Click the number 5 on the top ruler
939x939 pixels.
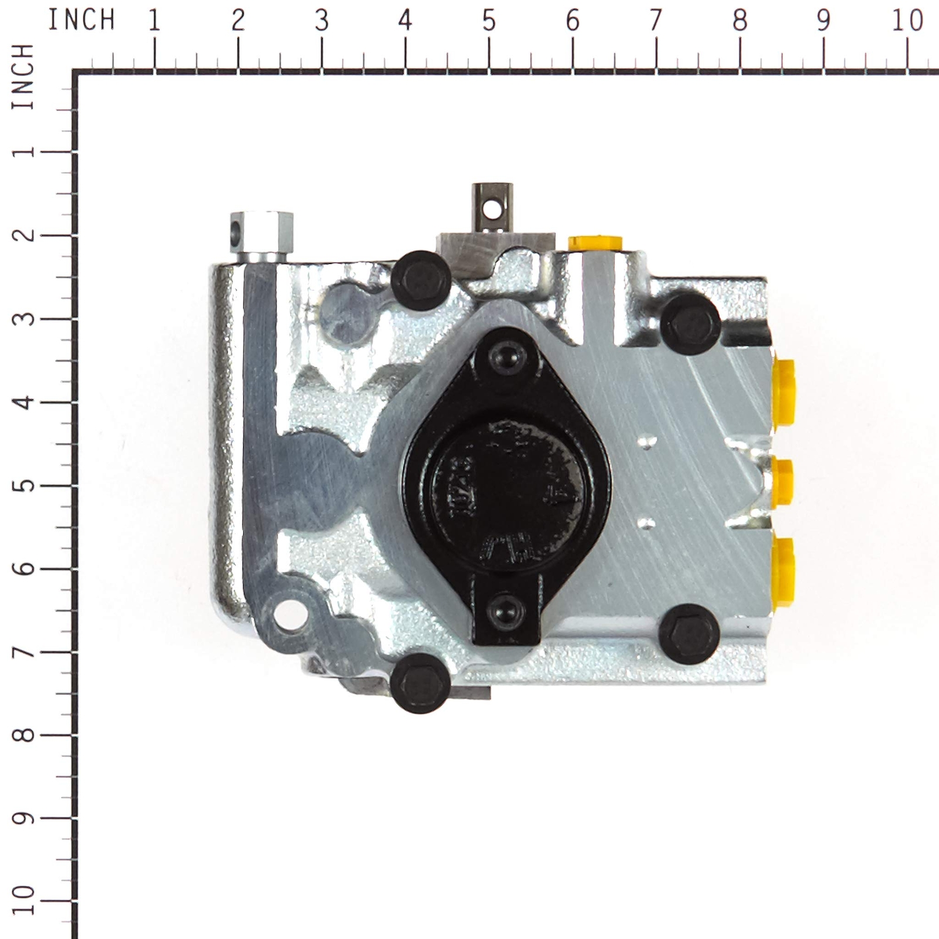(489, 21)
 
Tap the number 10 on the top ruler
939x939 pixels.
(907, 21)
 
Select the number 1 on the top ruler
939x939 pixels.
(154, 21)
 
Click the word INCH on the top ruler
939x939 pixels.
(81, 21)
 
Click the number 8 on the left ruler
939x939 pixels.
(23, 735)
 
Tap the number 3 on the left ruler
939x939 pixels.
(23, 319)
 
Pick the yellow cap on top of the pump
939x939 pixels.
(595, 242)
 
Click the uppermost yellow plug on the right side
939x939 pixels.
(783, 392)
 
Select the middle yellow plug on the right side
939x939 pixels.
(782, 482)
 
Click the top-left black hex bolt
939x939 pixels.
(421, 281)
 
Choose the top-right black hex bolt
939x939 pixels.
(691, 324)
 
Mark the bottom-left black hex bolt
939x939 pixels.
(420, 683)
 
